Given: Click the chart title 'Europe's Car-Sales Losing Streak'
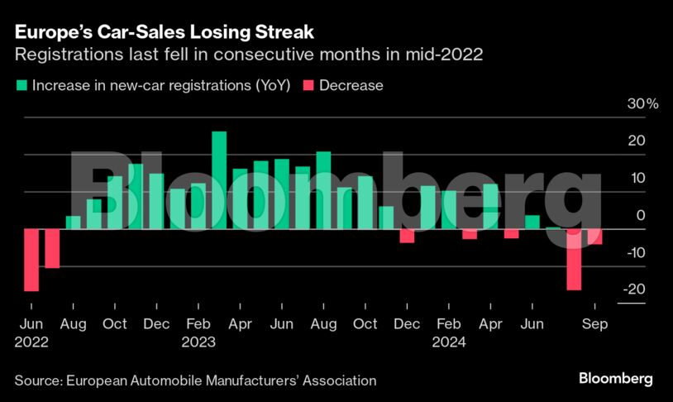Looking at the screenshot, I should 164,33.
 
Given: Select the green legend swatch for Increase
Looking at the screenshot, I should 20,85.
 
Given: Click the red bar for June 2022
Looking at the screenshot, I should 31,260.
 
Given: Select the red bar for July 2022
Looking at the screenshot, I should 52,248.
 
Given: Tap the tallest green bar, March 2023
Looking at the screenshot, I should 219,179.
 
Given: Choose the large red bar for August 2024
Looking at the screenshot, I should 574,260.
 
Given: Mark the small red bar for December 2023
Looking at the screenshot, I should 407,236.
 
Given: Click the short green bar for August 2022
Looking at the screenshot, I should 74,222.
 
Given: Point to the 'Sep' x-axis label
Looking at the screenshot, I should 594,324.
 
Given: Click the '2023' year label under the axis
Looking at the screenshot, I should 198,342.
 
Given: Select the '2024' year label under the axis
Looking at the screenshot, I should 450,342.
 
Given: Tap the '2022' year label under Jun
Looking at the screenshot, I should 31,342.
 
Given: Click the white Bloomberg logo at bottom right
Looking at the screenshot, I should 614,379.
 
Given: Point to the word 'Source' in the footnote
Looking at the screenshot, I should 36,380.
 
